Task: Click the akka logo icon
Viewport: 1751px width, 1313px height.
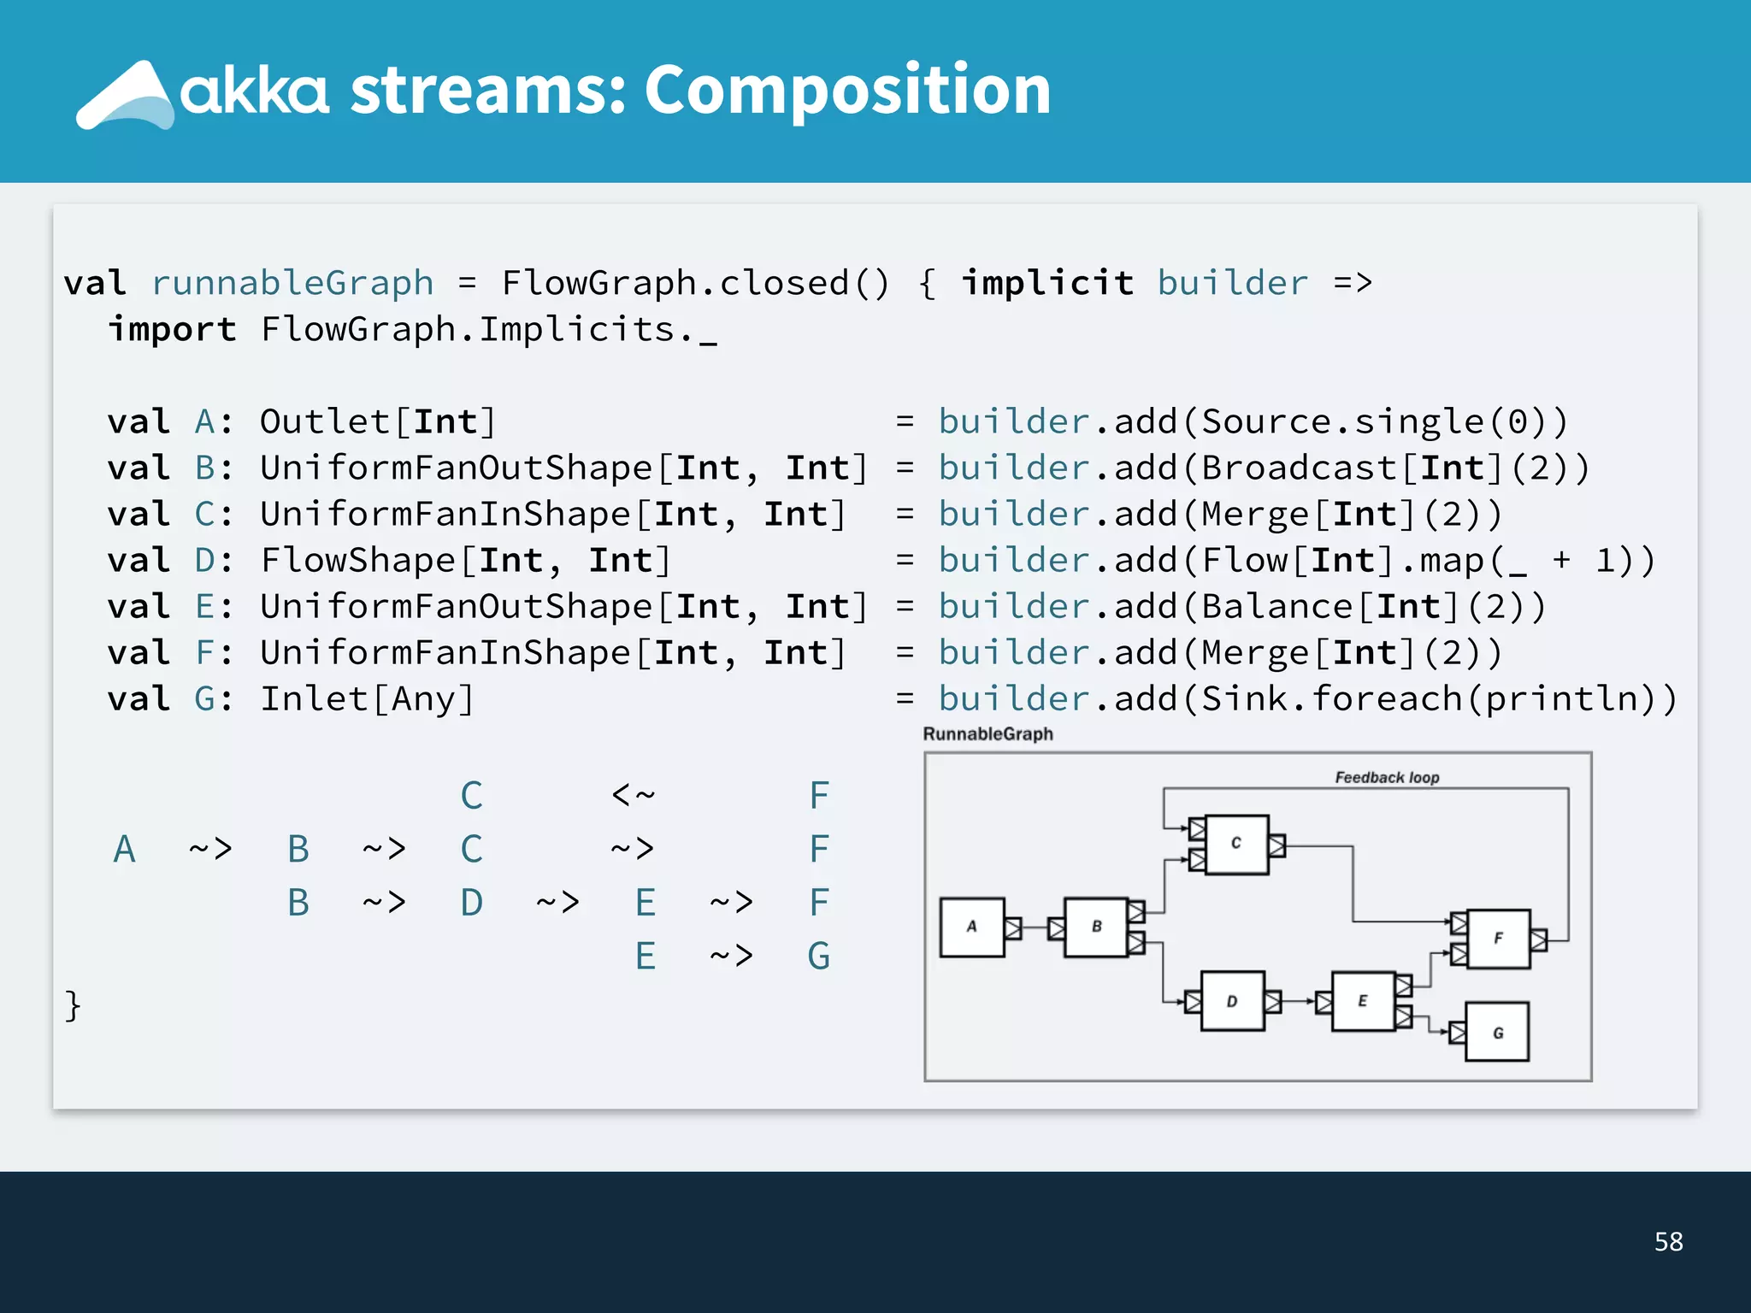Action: point(127,96)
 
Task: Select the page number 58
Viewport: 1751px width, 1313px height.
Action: point(1668,1241)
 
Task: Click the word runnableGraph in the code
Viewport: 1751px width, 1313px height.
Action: point(292,283)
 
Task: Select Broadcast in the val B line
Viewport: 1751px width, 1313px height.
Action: point(1298,468)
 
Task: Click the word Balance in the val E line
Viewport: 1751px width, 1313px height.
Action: point(1276,607)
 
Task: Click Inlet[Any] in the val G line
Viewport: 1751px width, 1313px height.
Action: point(367,699)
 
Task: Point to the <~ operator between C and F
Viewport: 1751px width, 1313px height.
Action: point(633,795)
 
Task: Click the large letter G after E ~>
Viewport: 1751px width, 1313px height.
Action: point(818,956)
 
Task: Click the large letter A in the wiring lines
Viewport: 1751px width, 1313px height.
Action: point(125,850)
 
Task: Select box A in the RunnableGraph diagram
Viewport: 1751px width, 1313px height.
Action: point(971,927)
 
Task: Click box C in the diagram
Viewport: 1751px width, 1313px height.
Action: point(1235,844)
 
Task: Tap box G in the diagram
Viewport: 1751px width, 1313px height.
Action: point(1497,1033)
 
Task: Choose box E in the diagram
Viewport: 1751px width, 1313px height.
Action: point(1362,1001)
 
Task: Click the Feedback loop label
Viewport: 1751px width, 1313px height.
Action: point(1387,777)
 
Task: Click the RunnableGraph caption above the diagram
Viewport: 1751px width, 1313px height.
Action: point(988,734)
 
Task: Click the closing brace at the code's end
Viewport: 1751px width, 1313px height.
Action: point(73,1005)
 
